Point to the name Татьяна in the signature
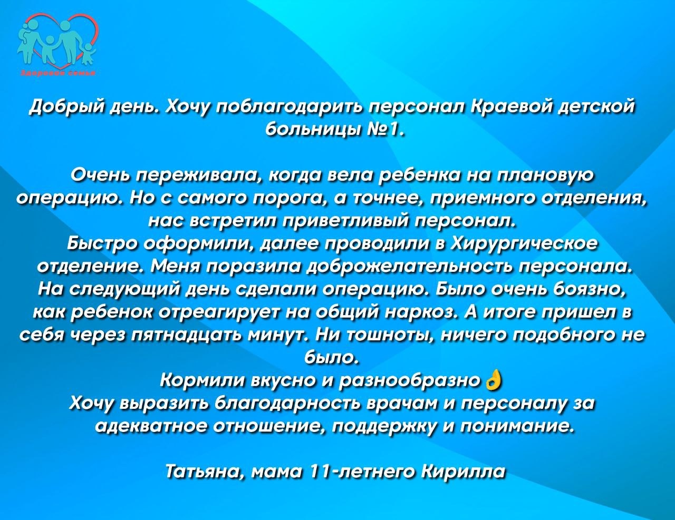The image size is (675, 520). [x=205, y=472]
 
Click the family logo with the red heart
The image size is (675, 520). [x=58, y=42]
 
